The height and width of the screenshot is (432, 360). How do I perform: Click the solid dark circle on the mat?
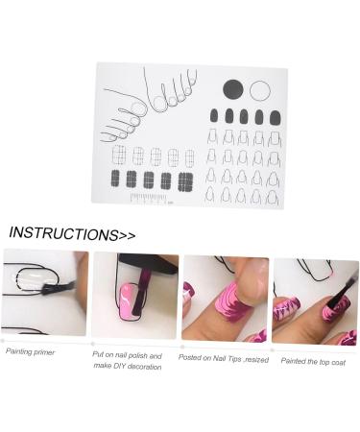(x=233, y=90)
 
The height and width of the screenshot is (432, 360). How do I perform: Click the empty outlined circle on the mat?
(x=259, y=91)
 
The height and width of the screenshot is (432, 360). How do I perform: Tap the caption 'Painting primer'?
(x=31, y=351)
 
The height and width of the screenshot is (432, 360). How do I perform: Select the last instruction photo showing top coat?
(x=314, y=300)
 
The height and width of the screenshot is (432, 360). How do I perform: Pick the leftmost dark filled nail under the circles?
(x=213, y=117)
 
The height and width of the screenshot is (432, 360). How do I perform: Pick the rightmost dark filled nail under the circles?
(x=275, y=118)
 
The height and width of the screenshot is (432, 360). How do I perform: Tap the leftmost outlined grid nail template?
(x=120, y=156)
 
